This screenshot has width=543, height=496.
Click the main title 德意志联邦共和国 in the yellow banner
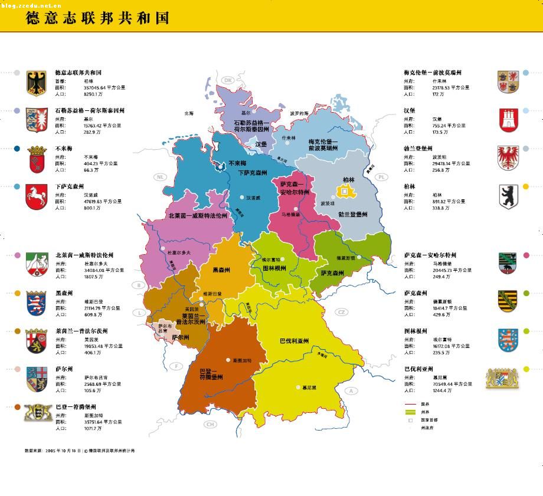coord(97,18)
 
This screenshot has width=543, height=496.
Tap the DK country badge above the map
coord(228,81)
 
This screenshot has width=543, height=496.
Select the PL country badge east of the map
coord(381,177)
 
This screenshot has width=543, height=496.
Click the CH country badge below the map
coord(210,424)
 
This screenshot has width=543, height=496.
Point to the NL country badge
coord(159,177)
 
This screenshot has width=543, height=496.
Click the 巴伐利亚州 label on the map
coord(295,341)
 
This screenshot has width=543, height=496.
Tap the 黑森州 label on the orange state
coord(221,270)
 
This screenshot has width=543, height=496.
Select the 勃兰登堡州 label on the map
coord(352,215)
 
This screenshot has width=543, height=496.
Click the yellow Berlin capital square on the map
coord(343,190)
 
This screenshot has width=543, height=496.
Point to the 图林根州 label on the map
coord(274,268)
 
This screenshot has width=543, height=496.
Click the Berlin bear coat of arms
coord(508,196)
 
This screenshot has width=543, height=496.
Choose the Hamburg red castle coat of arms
coord(508,120)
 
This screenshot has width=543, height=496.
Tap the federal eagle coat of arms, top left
coord(36,83)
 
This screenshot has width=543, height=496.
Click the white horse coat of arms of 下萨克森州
coord(36,196)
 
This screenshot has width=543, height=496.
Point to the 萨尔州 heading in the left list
coord(64,369)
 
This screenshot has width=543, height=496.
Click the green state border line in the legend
coord(410,412)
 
